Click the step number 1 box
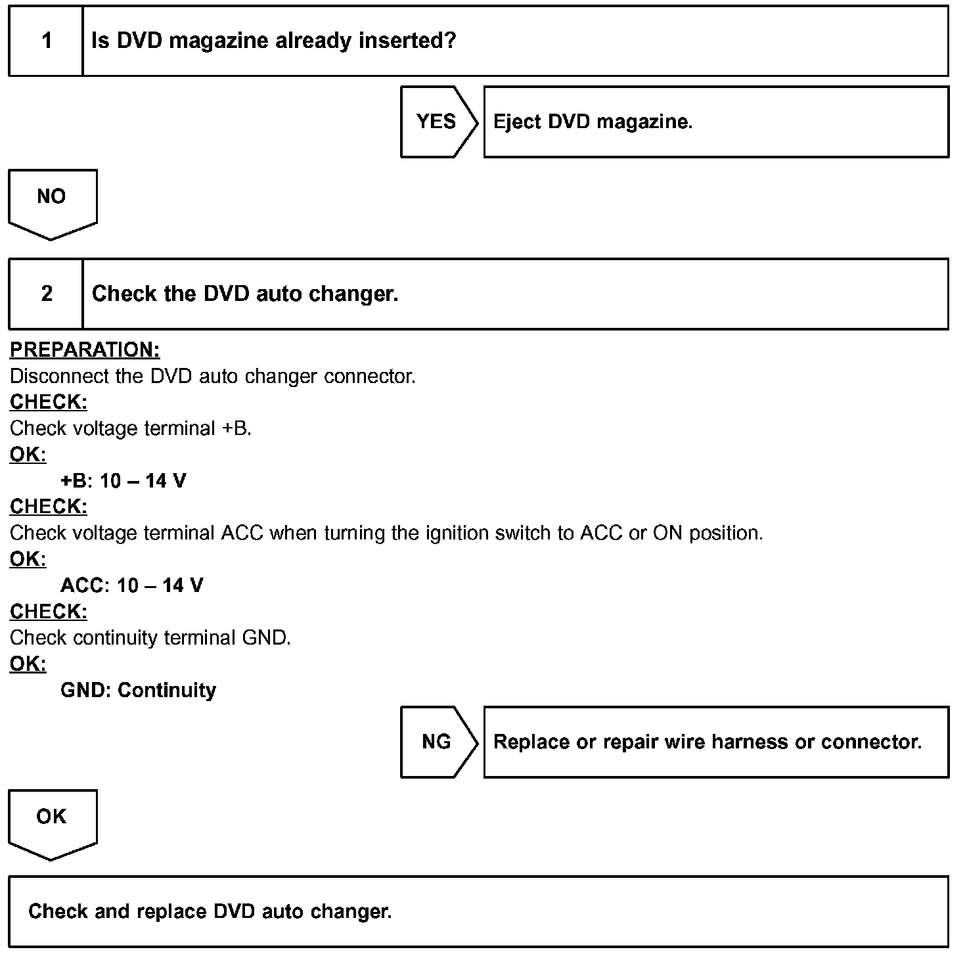[x=46, y=41]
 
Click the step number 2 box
[x=46, y=294]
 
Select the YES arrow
[x=438, y=122]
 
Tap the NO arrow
[x=52, y=200]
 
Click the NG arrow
[x=438, y=742]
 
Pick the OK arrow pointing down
[x=52, y=820]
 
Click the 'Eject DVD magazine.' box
[x=715, y=122]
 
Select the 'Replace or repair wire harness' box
[x=715, y=742]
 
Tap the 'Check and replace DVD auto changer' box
[x=478, y=911]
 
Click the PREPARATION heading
[x=85, y=350]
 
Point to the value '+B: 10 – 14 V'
[x=124, y=481]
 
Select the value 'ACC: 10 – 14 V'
[x=132, y=585]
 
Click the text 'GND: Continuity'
[x=138, y=690]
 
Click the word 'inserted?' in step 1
[x=407, y=41]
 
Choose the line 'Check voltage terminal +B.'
[x=131, y=428]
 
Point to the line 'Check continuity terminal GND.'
[x=150, y=638]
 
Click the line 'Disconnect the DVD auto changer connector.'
[x=213, y=376]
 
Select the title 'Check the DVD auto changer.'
[x=245, y=294]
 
